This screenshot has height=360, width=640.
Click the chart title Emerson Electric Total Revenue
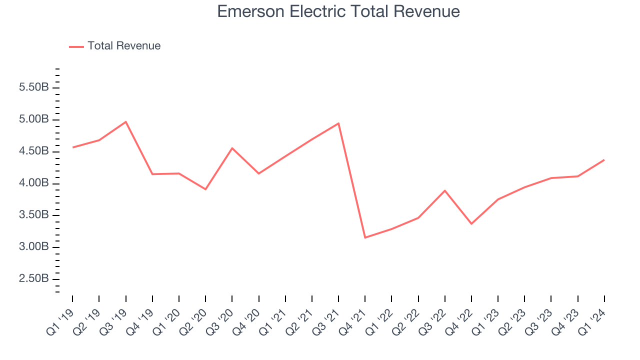[x=338, y=11]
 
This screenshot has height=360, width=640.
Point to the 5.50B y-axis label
[x=33, y=87]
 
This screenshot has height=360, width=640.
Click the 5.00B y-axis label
[x=33, y=119]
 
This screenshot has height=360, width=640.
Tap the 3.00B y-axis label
[x=33, y=247]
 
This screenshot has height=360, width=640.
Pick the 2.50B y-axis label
[x=33, y=278]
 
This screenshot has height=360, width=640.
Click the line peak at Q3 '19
[x=125, y=121]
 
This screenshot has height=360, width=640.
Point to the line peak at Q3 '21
[x=338, y=123]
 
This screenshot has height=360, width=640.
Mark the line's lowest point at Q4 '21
[x=365, y=237]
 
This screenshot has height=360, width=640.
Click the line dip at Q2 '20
[x=205, y=189]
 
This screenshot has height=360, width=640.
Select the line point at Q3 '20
[x=232, y=148]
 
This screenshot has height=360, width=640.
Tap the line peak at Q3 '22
[x=444, y=190]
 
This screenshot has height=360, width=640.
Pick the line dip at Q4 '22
[x=471, y=223]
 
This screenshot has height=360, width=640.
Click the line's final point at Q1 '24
[x=604, y=160]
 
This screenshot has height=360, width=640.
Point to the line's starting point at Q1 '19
[x=72, y=147]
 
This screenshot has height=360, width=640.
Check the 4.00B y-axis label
[x=33, y=183]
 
